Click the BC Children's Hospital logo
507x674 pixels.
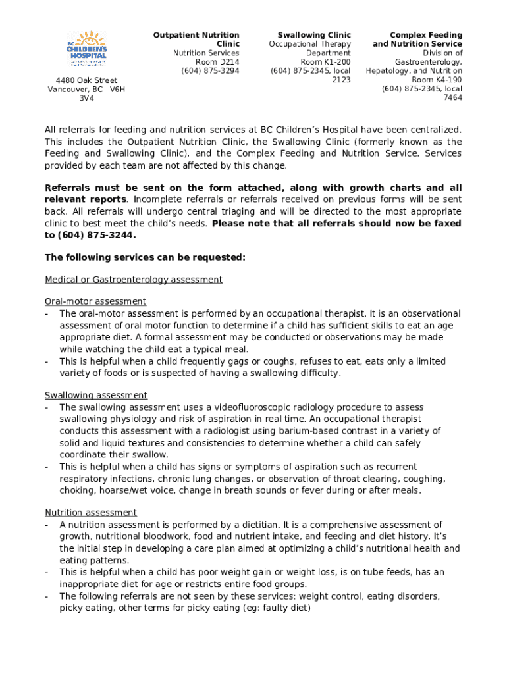(88, 49)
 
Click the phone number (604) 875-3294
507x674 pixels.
(210, 71)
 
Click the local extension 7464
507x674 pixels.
(452, 98)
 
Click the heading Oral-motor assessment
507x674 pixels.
(95, 302)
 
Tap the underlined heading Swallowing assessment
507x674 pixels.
(96, 396)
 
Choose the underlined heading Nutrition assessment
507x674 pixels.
(91, 513)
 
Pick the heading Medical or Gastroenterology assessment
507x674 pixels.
(134, 280)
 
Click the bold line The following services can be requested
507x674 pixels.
(145, 257)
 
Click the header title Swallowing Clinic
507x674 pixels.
(314, 35)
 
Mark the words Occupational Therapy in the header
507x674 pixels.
(309, 44)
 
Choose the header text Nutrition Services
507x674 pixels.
(206, 53)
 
